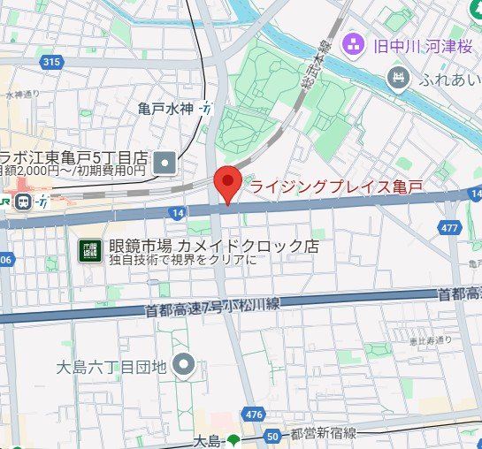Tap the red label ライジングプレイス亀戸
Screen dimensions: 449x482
coord(336,186)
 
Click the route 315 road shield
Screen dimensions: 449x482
coord(50,62)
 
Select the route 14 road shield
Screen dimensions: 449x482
coord(178,213)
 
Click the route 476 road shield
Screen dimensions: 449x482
coord(255,414)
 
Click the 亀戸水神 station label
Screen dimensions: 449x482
coord(165,110)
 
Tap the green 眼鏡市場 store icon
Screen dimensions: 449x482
coord(88,248)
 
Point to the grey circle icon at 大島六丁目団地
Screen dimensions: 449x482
coord(183,363)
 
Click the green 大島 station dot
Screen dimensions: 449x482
coord(233,440)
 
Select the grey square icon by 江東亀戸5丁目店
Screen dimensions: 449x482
coord(165,162)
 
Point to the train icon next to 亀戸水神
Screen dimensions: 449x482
coord(206,110)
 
